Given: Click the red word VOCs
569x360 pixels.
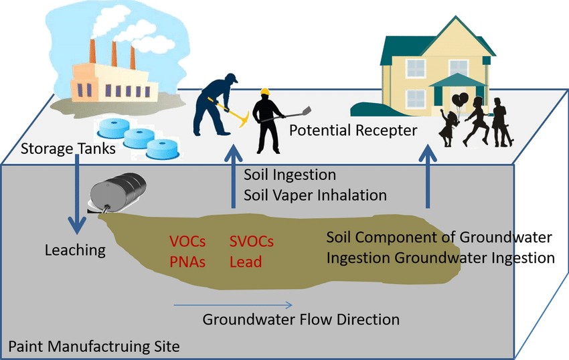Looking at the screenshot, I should tap(188, 241).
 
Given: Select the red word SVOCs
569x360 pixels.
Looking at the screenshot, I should tap(252, 241).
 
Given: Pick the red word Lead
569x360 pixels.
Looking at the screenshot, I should tap(245, 261).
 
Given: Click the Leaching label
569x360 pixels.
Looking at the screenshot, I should tap(75, 251).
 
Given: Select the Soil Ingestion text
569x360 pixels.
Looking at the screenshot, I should tap(289, 176).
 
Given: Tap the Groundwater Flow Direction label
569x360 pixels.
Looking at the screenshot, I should tap(301, 319).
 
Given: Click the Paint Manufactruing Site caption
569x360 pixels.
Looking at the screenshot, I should tap(94, 347).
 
